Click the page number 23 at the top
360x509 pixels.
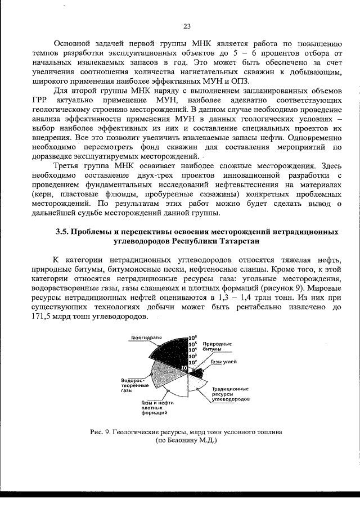(x=187, y=25)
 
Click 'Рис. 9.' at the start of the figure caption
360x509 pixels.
(x=100, y=431)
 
